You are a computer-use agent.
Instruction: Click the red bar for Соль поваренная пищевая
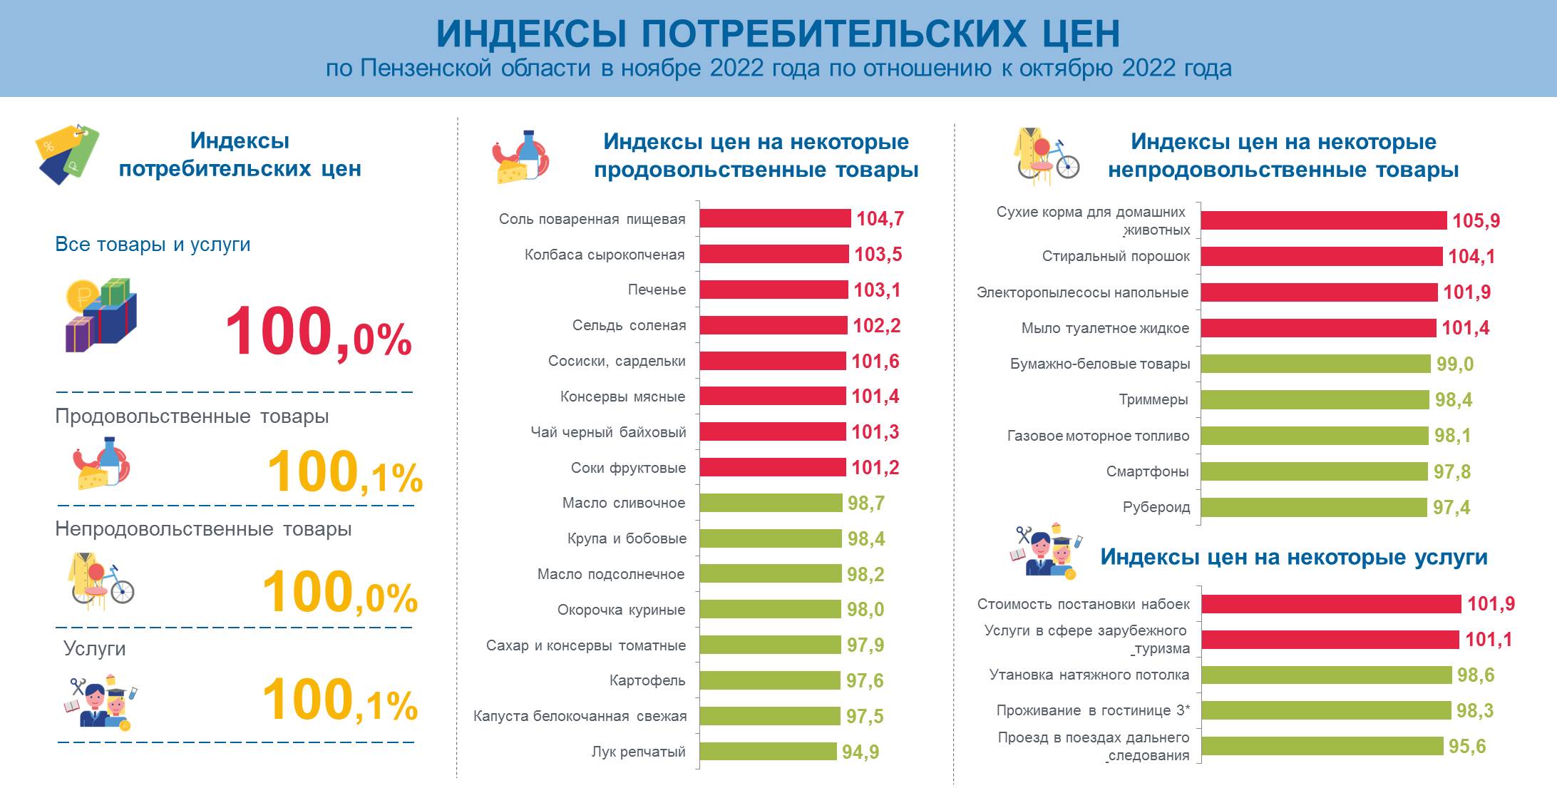click(x=775, y=218)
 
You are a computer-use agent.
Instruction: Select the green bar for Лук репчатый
click(x=768, y=751)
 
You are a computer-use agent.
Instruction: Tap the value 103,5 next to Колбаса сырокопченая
click(x=878, y=255)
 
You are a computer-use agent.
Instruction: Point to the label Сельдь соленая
click(x=629, y=325)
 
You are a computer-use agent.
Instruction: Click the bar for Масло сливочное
click(x=771, y=503)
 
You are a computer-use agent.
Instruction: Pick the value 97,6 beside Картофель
click(x=865, y=680)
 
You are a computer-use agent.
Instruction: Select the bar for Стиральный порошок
click(x=1322, y=257)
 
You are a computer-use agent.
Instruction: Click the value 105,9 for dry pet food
click(x=1476, y=221)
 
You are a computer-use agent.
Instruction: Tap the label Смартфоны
click(x=1147, y=471)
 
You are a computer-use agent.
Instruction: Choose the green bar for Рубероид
click(x=1315, y=507)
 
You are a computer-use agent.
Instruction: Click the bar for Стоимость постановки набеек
click(x=1331, y=604)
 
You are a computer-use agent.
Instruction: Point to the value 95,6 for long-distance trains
click(x=1467, y=747)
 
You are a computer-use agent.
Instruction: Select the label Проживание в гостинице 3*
click(x=1093, y=710)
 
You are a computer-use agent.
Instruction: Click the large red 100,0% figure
click(x=318, y=333)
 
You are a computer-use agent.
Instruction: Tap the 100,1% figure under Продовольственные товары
click(x=345, y=473)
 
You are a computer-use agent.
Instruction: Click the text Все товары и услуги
click(x=153, y=245)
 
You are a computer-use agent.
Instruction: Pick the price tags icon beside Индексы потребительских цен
click(x=66, y=153)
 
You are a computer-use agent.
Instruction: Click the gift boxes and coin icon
click(x=101, y=314)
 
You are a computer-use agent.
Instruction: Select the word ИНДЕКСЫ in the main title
click(x=531, y=34)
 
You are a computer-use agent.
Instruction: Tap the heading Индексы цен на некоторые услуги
click(x=1293, y=557)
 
